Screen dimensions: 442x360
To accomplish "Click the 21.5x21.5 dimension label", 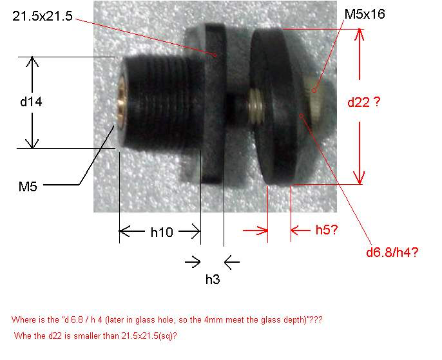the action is click(43, 16).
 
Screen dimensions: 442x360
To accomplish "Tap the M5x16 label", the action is click(365, 14).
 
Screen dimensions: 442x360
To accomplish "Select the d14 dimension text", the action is click(31, 102).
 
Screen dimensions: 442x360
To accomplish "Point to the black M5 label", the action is click(28, 187).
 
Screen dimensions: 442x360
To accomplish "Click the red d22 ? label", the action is click(364, 102).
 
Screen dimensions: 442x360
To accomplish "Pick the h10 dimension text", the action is click(162, 232).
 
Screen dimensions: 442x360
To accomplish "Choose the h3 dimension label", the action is click(213, 279).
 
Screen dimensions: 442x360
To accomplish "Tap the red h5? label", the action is click(327, 230).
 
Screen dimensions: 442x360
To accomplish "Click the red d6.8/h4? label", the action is click(392, 252).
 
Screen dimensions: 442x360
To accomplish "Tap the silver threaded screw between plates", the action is click(256, 106).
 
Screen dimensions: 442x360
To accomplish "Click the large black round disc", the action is click(276, 106).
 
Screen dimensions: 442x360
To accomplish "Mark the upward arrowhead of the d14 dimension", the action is click(32, 61).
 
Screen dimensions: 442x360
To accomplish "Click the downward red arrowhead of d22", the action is click(360, 178).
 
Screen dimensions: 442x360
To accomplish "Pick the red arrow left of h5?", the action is click(255, 231).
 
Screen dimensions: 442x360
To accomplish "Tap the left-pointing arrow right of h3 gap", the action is click(232, 262).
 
